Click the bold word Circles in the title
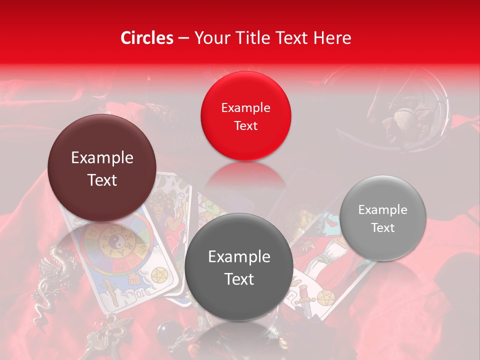coord(147,38)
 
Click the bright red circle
coord(245,116)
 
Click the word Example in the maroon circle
coord(102,158)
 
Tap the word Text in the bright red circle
coord(245,125)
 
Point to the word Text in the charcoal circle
coord(238,279)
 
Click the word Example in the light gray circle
coord(383,209)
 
